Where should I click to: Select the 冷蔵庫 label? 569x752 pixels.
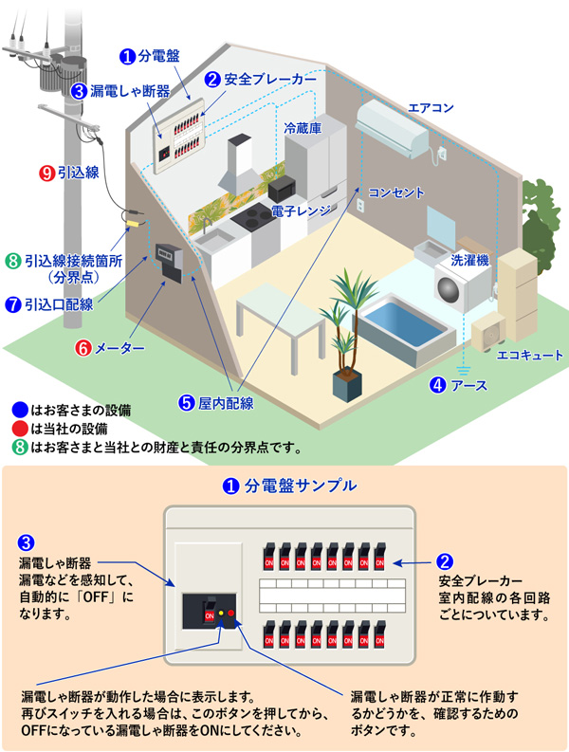(x=303, y=126)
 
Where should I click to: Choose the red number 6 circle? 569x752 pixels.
(x=83, y=348)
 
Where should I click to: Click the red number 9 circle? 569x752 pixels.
(x=46, y=174)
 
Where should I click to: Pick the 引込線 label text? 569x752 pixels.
(x=78, y=174)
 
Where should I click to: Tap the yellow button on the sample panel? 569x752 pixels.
(x=220, y=614)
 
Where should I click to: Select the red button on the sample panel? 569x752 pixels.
(x=231, y=614)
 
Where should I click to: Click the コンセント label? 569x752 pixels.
(x=396, y=193)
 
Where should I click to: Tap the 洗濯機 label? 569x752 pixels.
(x=470, y=258)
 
